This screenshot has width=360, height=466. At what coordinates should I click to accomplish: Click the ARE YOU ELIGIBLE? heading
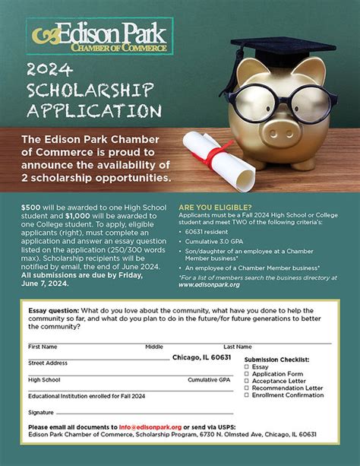[x=214, y=206]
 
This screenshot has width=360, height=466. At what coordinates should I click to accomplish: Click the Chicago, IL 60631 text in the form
[x=201, y=357]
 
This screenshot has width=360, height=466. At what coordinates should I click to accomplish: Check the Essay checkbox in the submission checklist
[x=247, y=366]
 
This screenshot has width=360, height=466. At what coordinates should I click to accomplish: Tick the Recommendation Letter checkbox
[x=247, y=388]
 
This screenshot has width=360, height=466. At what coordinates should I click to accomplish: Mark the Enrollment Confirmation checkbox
[x=247, y=396]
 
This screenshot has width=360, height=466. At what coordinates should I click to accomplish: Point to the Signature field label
[x=42, y=412]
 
